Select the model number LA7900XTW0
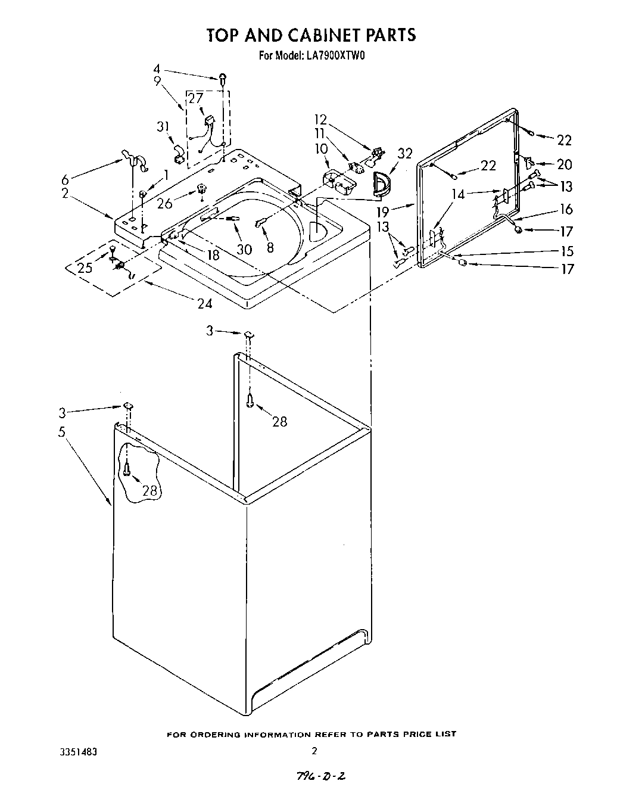tap(331, 57)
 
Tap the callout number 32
tap(405, 154)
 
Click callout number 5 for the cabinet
tap(61, 432)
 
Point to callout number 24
tap(204, 303)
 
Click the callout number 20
tap(564, 164)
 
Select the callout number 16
tap(566, 209)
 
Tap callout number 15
tap(567, 251)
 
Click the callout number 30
tap(244, 250)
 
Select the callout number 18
tap(211, 255)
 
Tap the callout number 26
tap(165, 204)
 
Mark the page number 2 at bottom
tap(314, 751)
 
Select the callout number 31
tap(163, 127)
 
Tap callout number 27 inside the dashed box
tap(196, 99)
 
